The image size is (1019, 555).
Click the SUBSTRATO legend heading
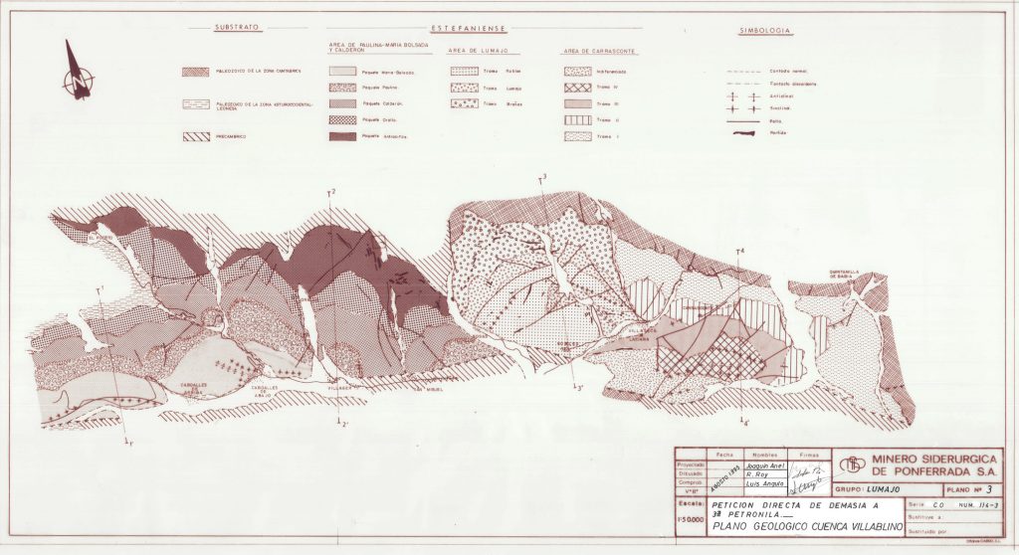point(239,27)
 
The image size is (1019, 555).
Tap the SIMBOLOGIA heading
point(764,32)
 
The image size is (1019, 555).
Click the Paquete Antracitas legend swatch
point(343,135)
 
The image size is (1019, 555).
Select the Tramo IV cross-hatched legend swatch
point(577,88)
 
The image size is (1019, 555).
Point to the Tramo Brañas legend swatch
point(463,103)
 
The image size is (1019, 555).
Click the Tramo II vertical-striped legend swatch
point(577,119)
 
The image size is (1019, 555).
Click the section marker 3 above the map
point(542,179)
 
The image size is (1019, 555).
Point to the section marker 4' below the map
point(743,423)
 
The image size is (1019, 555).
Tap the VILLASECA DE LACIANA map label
point(637,334)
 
